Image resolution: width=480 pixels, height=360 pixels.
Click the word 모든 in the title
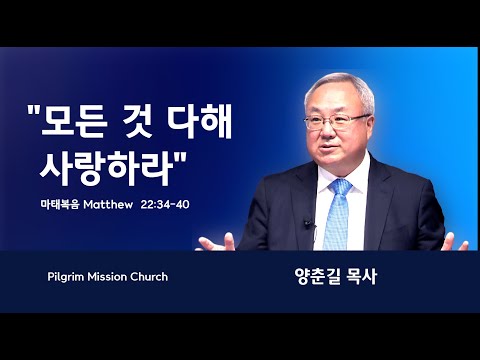[74, 122]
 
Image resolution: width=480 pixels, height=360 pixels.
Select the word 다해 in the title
[200, 122]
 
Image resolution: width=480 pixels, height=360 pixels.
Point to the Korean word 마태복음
[60, 204]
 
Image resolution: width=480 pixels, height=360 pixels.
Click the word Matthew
[108, 204]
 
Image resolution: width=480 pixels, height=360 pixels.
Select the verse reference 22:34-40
[165, 204]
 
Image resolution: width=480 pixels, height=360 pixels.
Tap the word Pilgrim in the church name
[66, 277]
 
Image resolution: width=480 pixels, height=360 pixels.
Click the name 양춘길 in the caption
[314, 277]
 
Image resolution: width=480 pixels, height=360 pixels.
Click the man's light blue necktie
[336, 213]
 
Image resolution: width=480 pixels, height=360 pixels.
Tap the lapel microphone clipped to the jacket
[308, 224]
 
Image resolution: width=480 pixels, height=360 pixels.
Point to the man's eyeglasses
[336, 122]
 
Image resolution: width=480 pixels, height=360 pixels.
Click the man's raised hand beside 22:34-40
[216, 243]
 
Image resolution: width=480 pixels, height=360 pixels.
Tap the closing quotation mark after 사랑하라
[181, 158]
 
